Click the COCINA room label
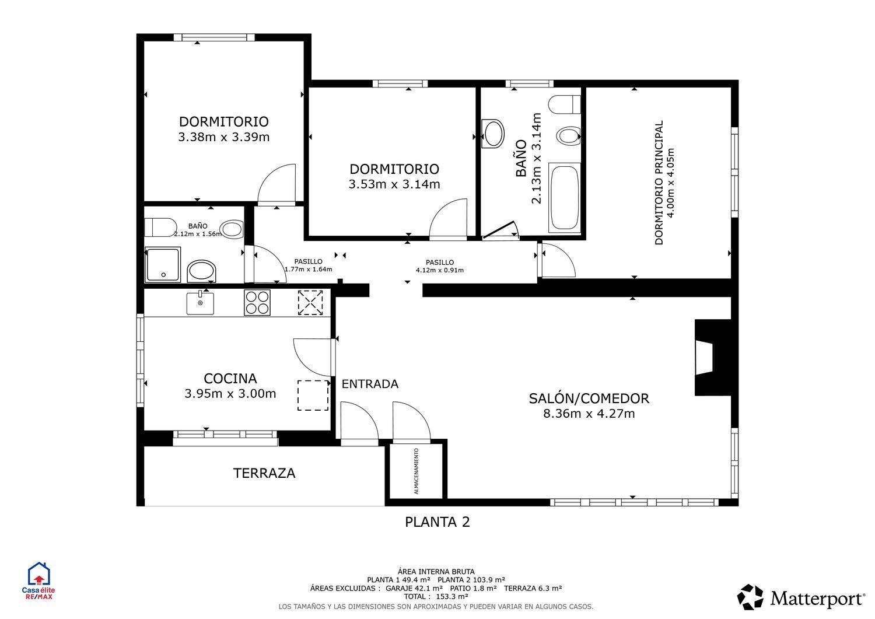click(230, 378)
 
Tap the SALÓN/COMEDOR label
click(589, 398)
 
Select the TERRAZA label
click(264, 473)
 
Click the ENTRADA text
click(370, 384)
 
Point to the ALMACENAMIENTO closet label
click(416, 471)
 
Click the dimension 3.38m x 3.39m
click(223, 137)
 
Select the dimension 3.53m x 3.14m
click(394, 184)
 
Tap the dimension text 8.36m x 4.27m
click(589, 414)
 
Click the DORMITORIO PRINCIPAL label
click(659, 183)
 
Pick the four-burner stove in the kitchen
click(257, 302)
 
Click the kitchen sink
click(200, 303)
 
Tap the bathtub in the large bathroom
click(565, 198)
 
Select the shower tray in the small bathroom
click(163, 265)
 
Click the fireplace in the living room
click(710, 358)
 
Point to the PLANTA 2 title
click(437, 522)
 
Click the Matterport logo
click(801, 597)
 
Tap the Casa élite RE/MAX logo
click(37, 581)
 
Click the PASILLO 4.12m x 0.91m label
click(439, 266)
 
